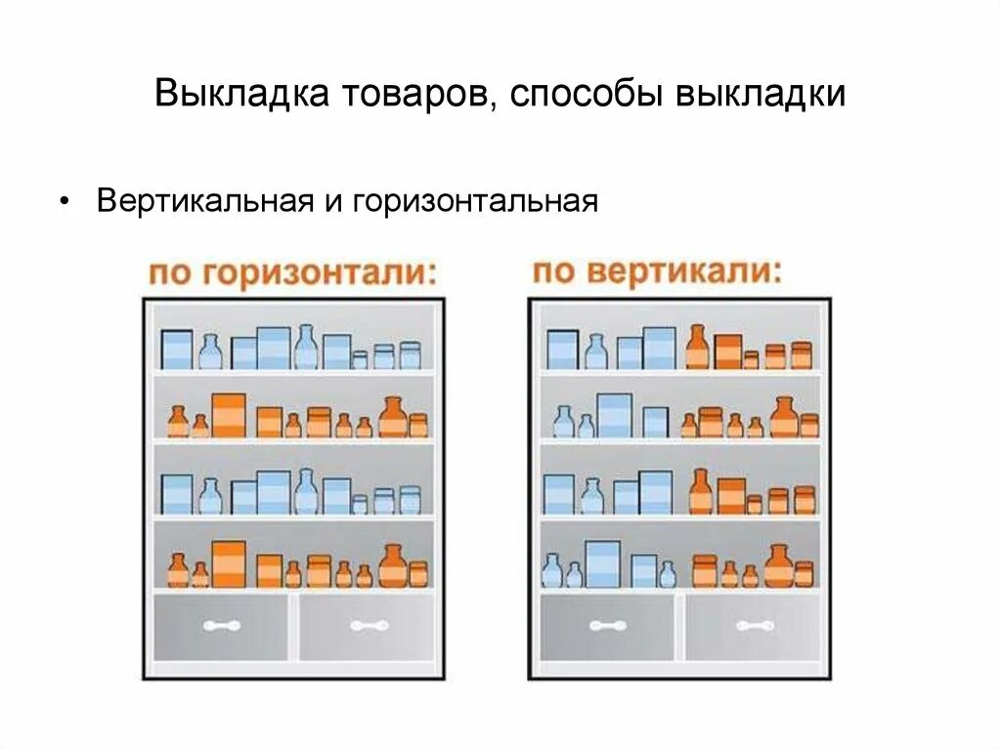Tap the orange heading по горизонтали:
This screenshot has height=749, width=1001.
pyautogui.click(x=291, y=272)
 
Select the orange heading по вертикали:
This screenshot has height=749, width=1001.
pyautogui.click(x=657, y=270)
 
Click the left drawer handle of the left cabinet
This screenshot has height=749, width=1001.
pyautogui.click(x=222, y=626)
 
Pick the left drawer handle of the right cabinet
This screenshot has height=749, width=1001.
pyautogui.click(x=608, y=626)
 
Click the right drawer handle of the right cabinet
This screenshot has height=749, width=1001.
pyautogui.click(x=755, y=626)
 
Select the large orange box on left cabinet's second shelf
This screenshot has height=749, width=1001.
pyautogui.click(x=228, y=415)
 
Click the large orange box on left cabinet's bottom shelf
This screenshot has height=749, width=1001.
pyautogui.click(x=228, y=564)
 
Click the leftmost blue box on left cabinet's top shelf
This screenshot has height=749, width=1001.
pyautogui.click(x=177, y=349)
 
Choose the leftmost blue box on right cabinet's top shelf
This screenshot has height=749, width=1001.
pyautogui.click(x=562, y=349)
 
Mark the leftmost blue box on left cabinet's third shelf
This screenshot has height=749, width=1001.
pyautogui.click(x=177, y=493)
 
